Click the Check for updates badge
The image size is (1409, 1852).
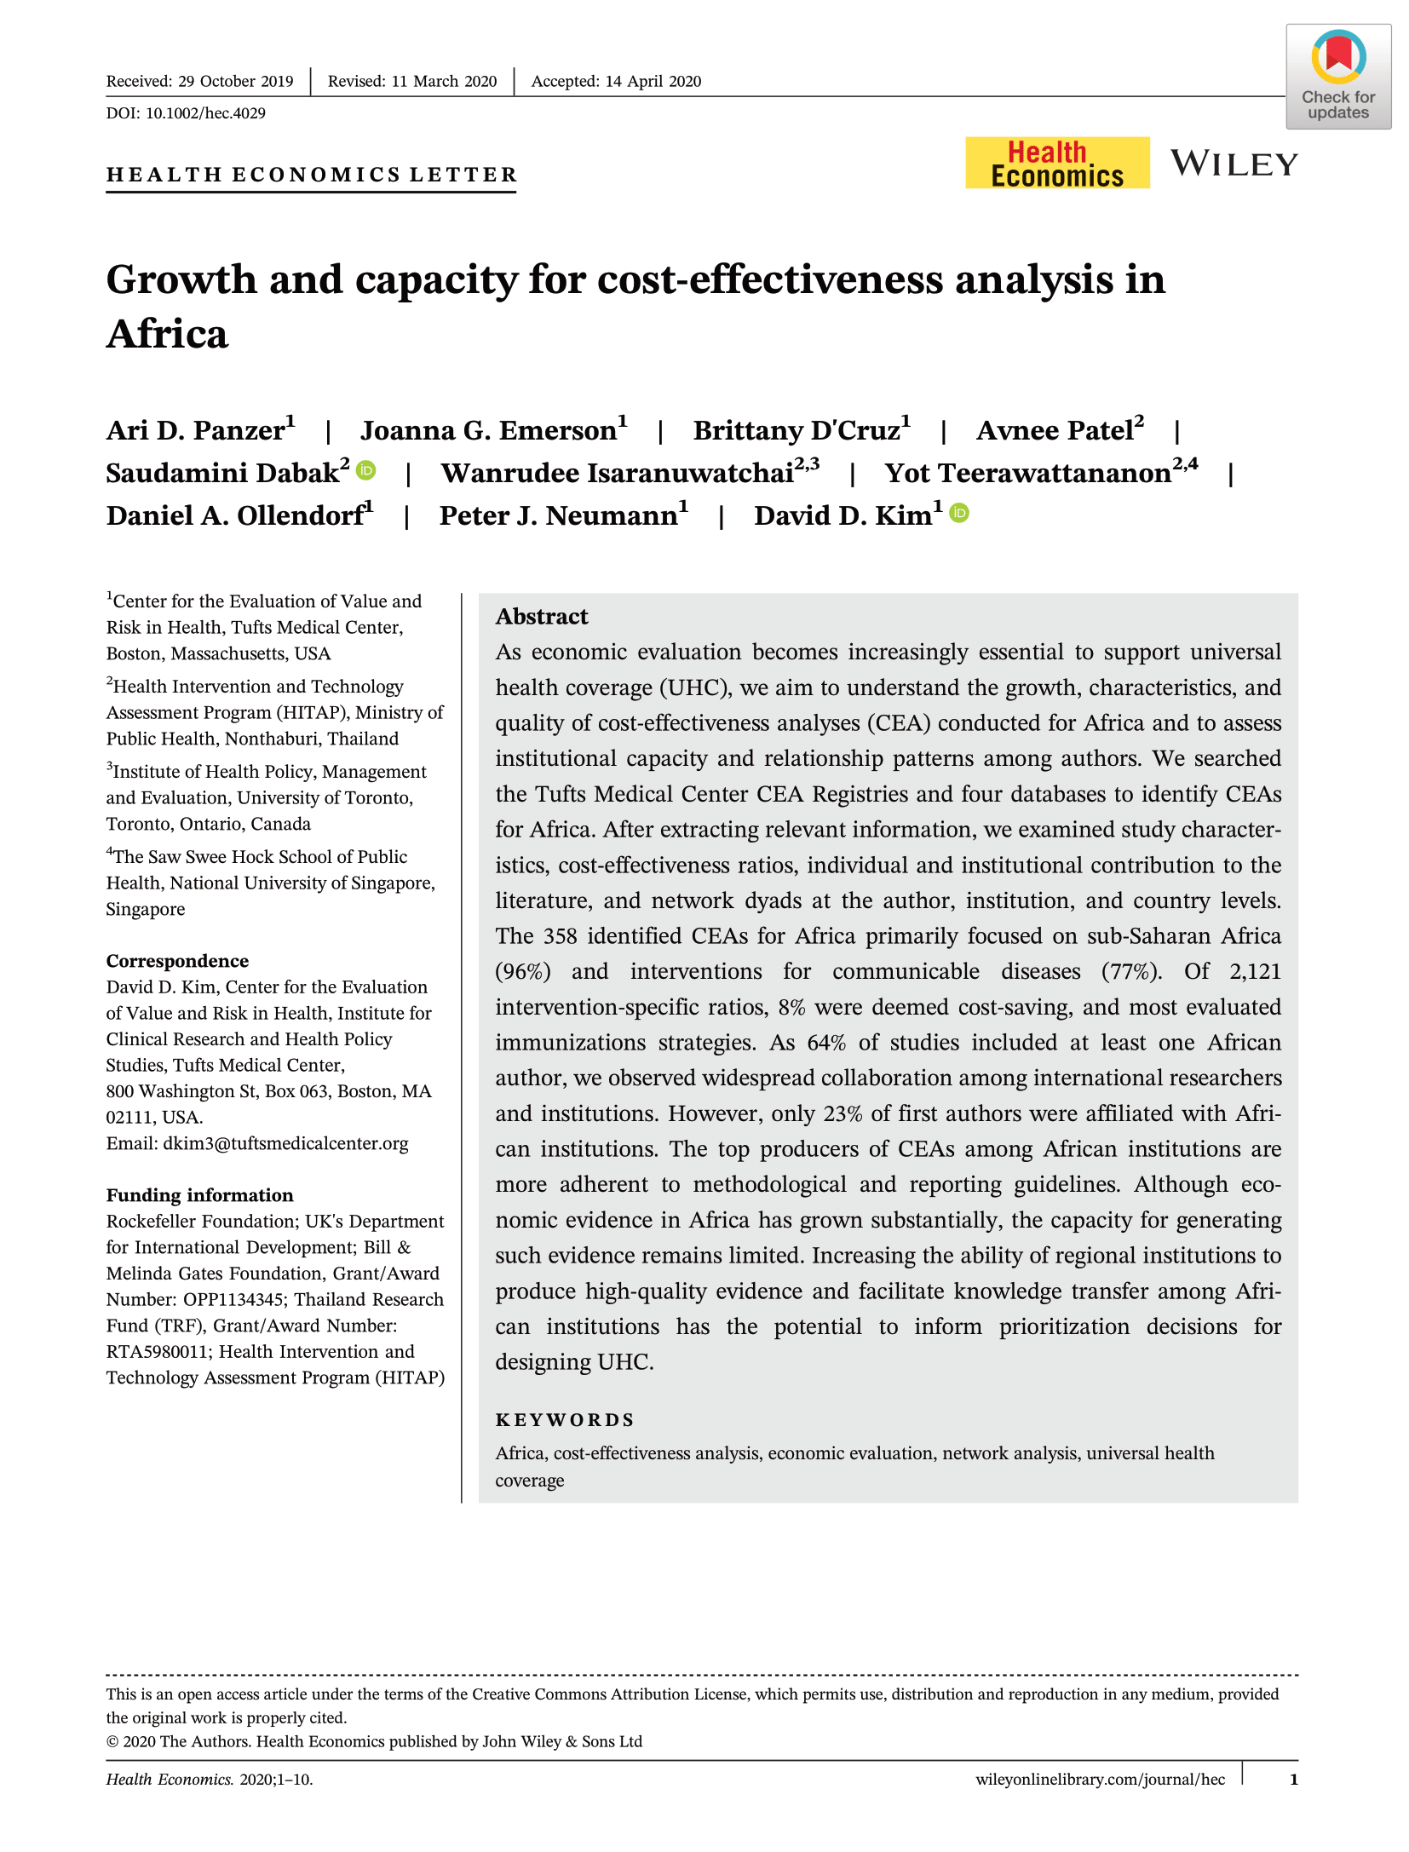1337,77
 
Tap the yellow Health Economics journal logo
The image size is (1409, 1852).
1056,163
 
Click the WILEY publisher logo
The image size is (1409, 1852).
1234,164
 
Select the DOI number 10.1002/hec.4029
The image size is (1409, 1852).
205,113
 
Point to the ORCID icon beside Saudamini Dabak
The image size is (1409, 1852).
365,470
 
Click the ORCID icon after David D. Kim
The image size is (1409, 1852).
958,513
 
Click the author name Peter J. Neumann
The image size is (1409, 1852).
558,515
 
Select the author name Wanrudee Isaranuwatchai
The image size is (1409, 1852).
617,473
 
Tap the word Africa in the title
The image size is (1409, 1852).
168,333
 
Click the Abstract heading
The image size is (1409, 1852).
542,616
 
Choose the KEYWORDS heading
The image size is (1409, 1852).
565,1420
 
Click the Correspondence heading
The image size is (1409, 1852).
177,961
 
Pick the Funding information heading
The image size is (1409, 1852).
199,1195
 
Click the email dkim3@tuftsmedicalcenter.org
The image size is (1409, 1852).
285,1143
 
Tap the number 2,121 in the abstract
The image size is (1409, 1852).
1255,971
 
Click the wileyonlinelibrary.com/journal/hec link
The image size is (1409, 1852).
1100,1779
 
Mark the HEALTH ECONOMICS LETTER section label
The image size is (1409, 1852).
312,175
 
